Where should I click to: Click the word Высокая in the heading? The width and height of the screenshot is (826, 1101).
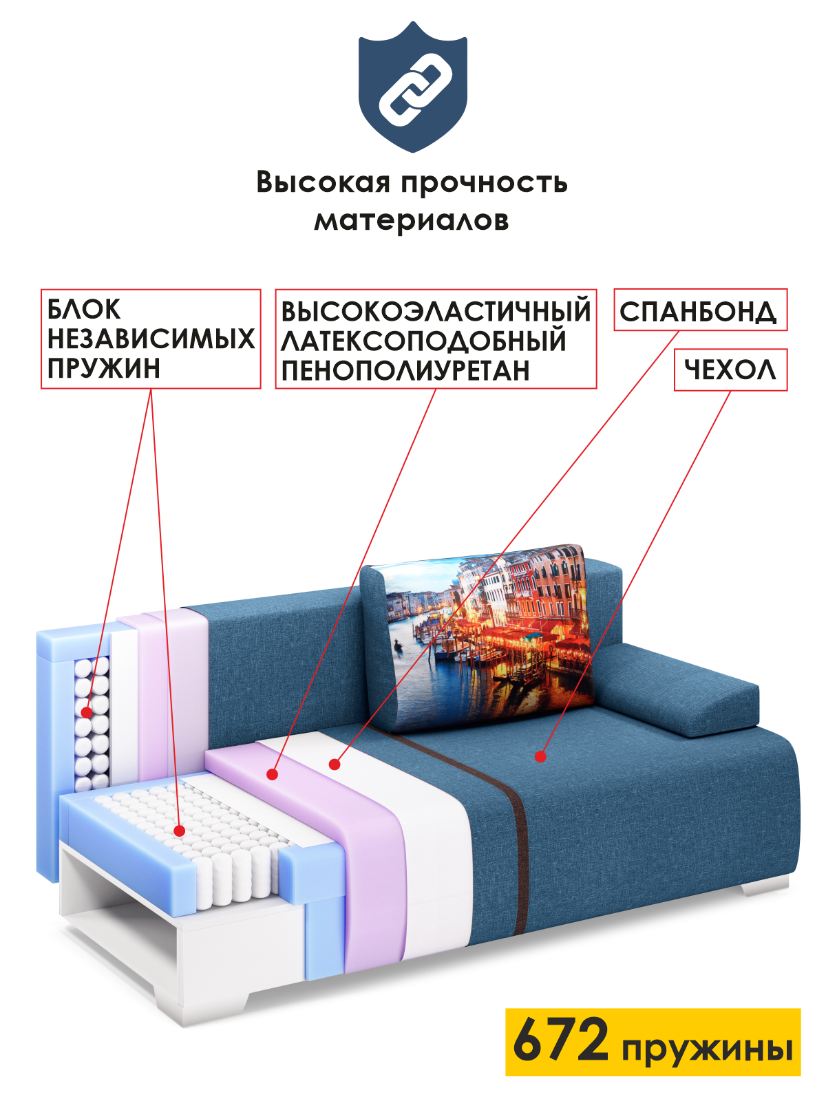coord(323,182)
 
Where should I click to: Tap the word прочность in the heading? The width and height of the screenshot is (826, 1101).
coord(484,183)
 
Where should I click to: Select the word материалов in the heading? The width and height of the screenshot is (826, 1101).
coord(412,220)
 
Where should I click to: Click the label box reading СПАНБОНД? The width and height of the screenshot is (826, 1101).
coord(699,311)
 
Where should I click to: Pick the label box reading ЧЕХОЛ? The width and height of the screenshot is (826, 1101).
coord(730,370)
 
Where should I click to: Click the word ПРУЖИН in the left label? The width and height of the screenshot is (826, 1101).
coord(104,369)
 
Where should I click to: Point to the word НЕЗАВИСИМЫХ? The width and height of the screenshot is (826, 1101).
coord(151,339)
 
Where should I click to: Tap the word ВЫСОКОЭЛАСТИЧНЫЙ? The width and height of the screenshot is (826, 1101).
coord(436,311)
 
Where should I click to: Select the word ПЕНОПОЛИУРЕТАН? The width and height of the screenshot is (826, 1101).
coord(405,370)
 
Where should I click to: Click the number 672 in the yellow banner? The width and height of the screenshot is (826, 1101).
coord(561,1040)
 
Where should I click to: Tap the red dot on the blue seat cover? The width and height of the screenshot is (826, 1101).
coord(541,756)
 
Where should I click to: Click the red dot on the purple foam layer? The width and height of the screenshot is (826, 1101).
coord(273,774)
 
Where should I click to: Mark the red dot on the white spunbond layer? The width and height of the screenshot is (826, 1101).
coord(335,764)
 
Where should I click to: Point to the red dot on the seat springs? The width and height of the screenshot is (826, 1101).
coord(180,831)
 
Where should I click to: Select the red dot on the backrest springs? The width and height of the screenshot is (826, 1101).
coord(86,712)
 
